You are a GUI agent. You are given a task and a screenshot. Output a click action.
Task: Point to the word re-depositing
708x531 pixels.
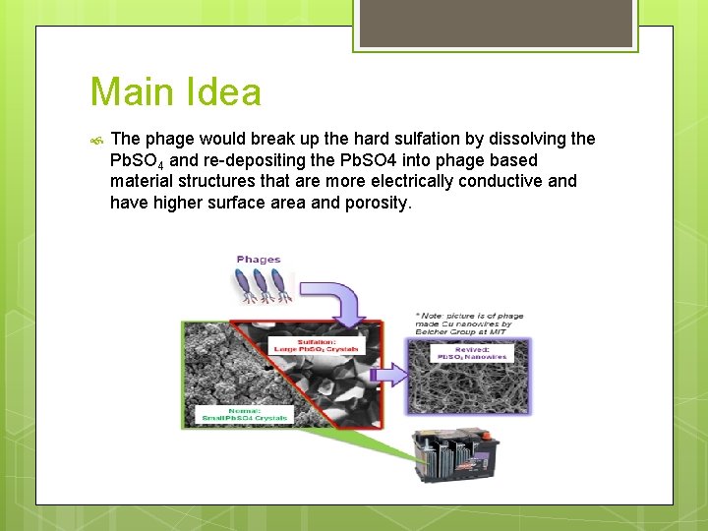point(257,160)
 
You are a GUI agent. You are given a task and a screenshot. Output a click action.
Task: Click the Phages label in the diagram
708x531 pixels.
point(259,260)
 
